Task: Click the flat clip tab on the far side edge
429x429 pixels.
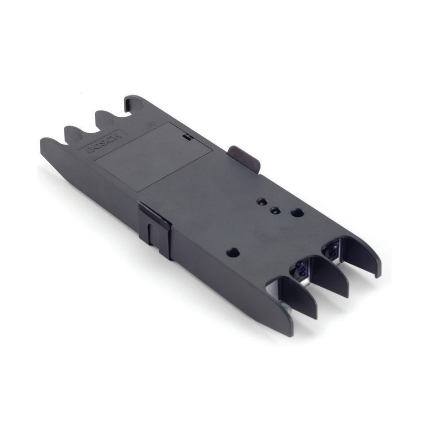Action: [244, 157]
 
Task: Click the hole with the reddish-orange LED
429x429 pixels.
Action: [261, 202]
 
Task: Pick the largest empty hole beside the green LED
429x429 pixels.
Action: [296, 213]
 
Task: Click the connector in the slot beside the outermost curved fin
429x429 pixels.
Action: [332, 249]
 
